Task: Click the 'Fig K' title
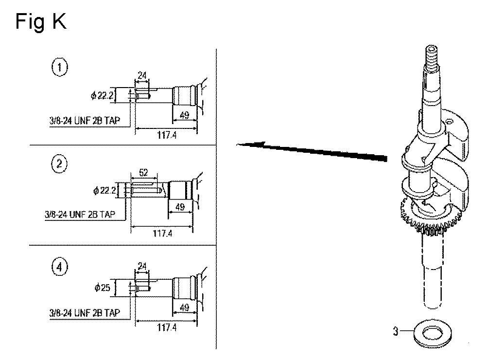[41, 22]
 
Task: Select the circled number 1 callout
[59, 67]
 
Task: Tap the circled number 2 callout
[59, 163]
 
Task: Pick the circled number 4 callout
[59, 267]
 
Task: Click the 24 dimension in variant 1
[142, 75]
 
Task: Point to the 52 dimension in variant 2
[143, 173]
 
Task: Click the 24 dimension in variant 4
[142, 266]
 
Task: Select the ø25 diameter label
[102, 288]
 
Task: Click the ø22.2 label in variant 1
[102, 95]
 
